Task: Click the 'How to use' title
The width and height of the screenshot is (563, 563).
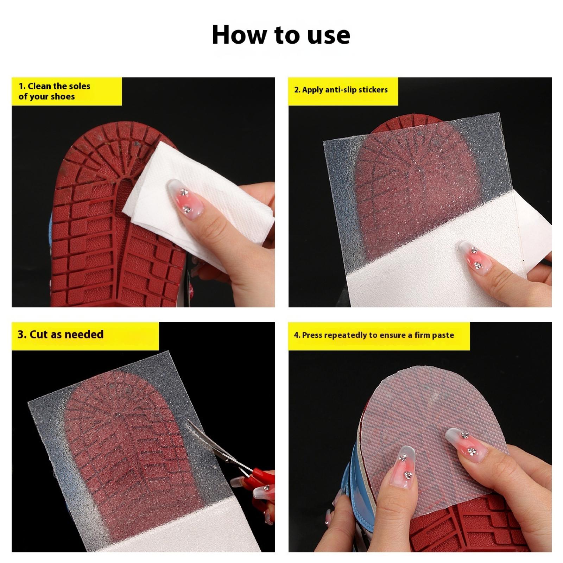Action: [x=281, y=35]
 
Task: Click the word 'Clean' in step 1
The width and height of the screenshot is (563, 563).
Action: [x=39, y=86]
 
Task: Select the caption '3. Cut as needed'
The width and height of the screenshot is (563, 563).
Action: [x=61, y=334]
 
